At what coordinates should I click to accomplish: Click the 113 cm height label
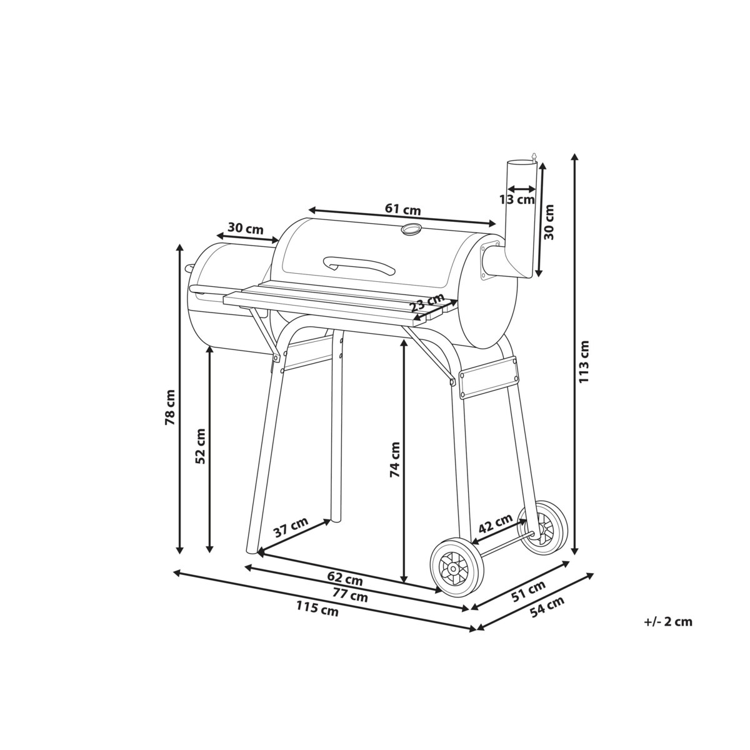click(584, 362)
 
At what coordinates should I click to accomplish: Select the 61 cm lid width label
click(403, 209)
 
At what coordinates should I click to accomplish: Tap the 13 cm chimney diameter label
click(517, 199)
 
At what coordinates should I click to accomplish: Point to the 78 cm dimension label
click(170, 407)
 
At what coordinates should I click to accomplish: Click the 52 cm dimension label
click(201, 446)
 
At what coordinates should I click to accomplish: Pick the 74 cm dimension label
click(394, 459)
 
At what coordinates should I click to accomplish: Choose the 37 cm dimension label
click(291, 527)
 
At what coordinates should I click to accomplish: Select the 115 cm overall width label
click(317, 619)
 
